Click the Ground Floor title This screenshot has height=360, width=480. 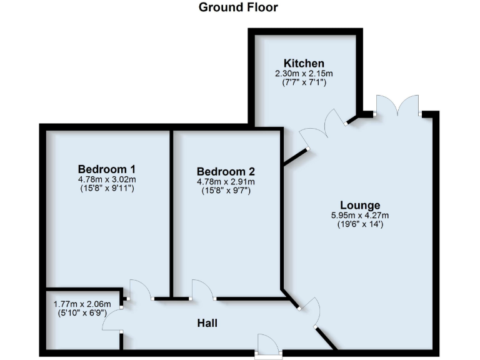pyautogui.click(x=238, y=7)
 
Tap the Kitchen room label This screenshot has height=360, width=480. pyautogui.click(x=304, y=63)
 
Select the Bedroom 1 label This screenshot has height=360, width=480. pyautogui.click(x=107, y=169)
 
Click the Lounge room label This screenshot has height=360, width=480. pyautogui.click(x=360, y=205)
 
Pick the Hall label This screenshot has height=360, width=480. pyautogui.click(x=207, y=322)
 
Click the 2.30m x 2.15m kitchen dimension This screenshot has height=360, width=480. pyautogui.click(x=304, y=73)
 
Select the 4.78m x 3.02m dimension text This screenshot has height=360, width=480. pyautogui.click(x=107, y=179)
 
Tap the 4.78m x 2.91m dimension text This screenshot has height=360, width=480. pyautogui.click(x=226, y=182)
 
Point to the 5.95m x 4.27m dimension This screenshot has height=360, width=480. pyautogui.click(x=360, y=215)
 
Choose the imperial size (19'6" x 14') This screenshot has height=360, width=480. pyautogui.click(x=360, y=224)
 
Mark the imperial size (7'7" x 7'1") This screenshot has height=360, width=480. pyautogui.click(x=304, y=82)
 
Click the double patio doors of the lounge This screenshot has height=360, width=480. pyautogui.click(x=396, y=105)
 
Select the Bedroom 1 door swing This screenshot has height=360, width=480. pyautogui.click(x=140, y=289)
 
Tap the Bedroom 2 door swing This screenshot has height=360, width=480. pyautogui.click(x=202, y=289)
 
